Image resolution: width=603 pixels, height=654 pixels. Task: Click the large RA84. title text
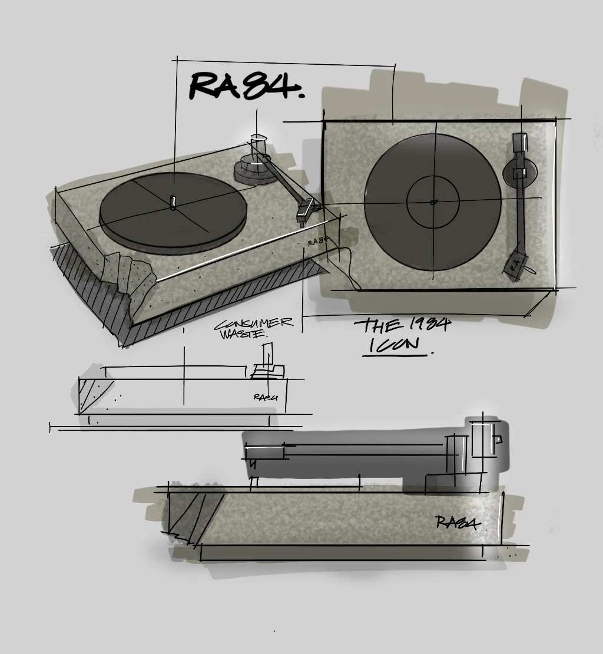[246, 86]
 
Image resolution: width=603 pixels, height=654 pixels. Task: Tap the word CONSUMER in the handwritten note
[253, 324]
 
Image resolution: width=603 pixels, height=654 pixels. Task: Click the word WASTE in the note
[243, 334]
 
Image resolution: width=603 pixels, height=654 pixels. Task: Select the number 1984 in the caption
[428, 325]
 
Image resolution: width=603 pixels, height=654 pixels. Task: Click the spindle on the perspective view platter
[173, 202]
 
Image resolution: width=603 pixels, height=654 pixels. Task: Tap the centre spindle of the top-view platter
[433, 202]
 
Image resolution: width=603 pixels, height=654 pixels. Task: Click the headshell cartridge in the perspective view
[307, 210]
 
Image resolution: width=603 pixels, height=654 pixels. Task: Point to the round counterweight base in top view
[521, 171]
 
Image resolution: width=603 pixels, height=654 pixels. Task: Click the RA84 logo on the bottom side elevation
[457, 523]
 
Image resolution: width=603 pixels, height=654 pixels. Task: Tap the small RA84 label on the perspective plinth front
[317, 242]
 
